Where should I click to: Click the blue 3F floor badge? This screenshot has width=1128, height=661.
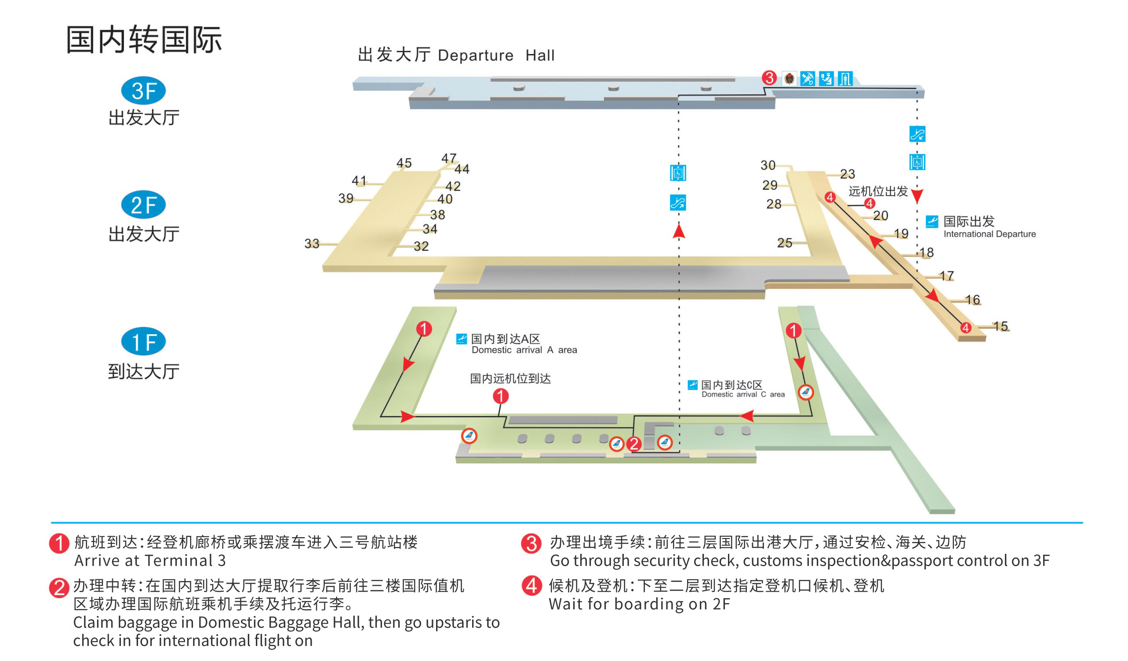(143, 91)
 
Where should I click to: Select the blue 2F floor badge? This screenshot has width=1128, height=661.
(143, 205)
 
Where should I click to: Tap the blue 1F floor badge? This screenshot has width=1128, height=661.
(143, 342)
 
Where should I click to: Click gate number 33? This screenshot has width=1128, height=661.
(312, 244)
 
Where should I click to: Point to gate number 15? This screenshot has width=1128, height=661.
(1001, 326)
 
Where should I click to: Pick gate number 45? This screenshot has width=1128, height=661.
(404, 163)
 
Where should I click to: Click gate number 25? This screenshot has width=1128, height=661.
(785, 243)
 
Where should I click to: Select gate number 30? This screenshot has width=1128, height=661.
(768, 166)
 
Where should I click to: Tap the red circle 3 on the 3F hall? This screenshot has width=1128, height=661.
(769, 78)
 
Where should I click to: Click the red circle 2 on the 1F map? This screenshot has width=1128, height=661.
(634, 444)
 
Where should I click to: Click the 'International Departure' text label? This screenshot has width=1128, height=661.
(989, 234)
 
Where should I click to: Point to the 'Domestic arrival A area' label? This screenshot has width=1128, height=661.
(524, 350)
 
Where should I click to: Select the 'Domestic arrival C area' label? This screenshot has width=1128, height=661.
(743, 394)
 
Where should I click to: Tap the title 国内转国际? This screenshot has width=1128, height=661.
(144, 40)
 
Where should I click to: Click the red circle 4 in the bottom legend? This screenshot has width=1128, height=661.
(532, 585)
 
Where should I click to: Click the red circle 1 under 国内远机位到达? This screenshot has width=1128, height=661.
(500, 396)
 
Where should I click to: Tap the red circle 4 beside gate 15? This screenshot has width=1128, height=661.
(965, 328)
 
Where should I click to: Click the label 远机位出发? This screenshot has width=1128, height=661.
(878, 191)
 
